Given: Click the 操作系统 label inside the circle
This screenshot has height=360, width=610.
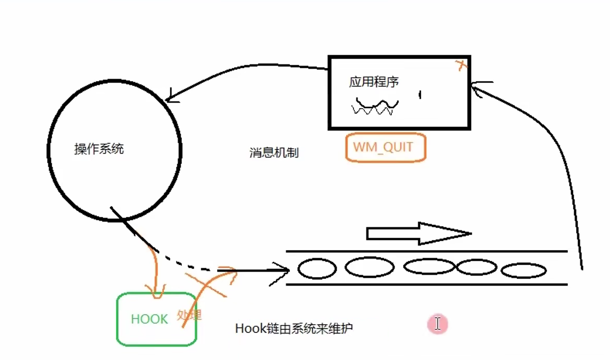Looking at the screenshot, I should coord(99,149).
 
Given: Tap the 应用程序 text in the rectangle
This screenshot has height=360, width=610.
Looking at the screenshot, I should coord(374,82).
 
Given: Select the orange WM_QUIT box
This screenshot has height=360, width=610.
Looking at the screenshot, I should coord(385,147).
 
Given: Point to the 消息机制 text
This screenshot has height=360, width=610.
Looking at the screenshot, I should coord(274,153).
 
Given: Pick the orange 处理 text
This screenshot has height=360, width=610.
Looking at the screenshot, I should coord(189,315).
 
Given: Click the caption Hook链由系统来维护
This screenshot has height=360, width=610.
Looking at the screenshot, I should coord(294,329).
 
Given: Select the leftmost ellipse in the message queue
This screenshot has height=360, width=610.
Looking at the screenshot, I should coord(317,269).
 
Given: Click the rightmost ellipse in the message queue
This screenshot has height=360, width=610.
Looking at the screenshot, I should coord(524,271).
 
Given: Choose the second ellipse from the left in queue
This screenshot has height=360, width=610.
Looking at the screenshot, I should coord(370,267).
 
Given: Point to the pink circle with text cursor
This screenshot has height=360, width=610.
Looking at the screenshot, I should coord(437,324).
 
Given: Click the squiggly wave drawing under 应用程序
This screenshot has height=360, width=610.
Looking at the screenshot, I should coord(375,106).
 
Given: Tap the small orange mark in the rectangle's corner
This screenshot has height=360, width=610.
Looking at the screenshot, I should coord(461,65).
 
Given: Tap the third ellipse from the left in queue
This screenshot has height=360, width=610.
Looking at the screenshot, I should coord(430,266).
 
